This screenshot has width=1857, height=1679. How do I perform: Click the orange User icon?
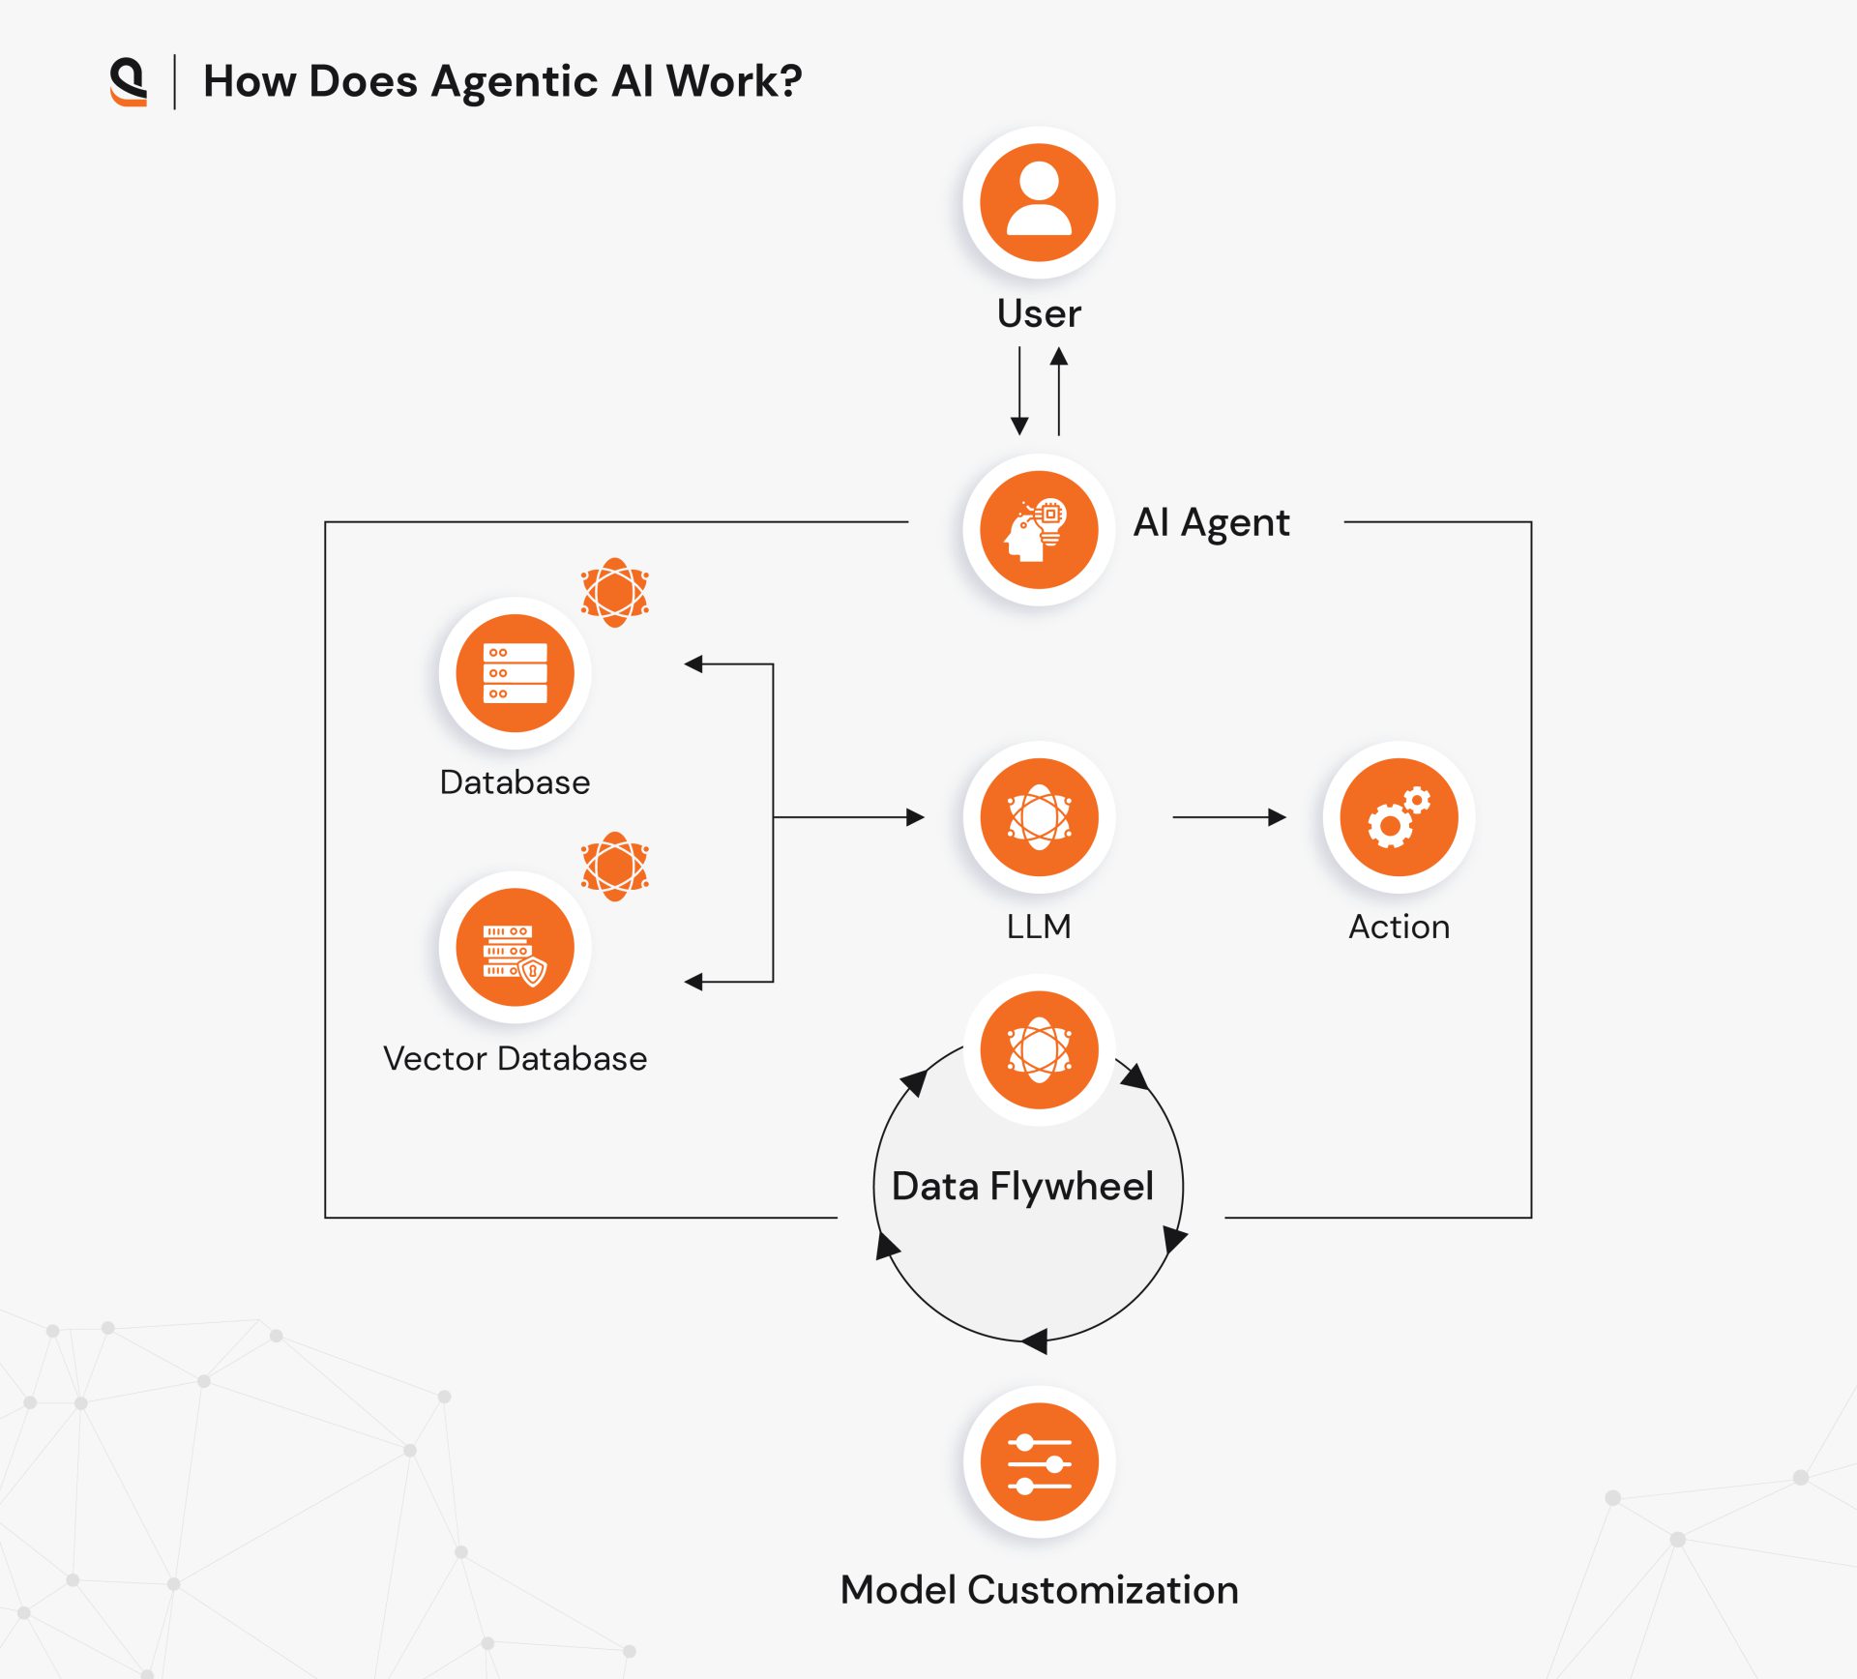[x=1039, y=203]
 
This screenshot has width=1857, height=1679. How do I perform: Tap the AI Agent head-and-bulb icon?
[x=1039, y=530]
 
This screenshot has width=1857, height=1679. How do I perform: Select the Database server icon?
[x=515, y=673]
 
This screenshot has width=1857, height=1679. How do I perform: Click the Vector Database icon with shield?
[x=515, y=948]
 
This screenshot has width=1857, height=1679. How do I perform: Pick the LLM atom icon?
[x=1039, y=817]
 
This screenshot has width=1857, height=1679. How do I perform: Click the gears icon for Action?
[x=1399, y=817]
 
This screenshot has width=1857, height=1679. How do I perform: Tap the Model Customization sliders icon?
[x=1039, y=1462]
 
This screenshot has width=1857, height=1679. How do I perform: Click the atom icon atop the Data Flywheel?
[x=1039, y=1049]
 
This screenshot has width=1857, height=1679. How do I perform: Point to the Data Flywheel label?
[x=1022, y=1186]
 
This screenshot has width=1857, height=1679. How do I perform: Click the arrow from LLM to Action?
[x=1228, y=817]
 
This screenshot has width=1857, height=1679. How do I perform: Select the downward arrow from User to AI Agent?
[x=1019, y=392]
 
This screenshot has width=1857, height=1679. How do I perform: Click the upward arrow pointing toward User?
[x=1059, y=392]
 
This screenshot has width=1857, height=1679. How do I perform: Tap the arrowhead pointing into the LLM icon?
[x=915, y=817]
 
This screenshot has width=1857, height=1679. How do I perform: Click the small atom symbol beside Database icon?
[x=614, y=592]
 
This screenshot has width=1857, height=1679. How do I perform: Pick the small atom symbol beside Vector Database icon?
[x=614, y=866]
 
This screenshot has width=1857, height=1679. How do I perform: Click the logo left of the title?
[x=128, y=81]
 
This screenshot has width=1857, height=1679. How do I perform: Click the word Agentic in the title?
[x=514, y=82]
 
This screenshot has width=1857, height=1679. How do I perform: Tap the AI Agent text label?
[x=1211, y=523]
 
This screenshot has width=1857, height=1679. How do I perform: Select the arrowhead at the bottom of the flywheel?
[x=1035, y=1341]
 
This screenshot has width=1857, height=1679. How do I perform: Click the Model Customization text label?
[x=1039, y=1590]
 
